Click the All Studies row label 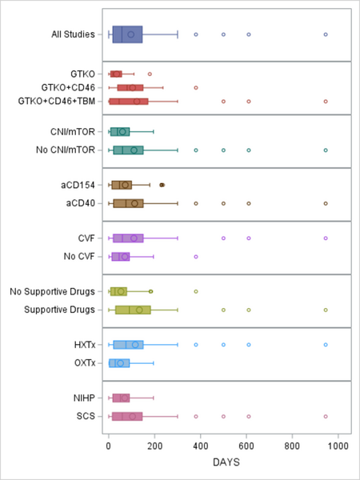click(71, 34)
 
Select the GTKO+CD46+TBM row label click(56, 101)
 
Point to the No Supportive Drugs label click(51, 291)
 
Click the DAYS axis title click(223, 462)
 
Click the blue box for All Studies click(127, 34)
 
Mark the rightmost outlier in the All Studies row click(326, 34)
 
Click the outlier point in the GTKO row click(150, 74)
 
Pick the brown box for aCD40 click(128, 203)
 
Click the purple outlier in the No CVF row click(196, 256)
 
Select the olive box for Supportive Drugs click(133, 310)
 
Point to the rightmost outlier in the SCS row click(326, 416)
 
